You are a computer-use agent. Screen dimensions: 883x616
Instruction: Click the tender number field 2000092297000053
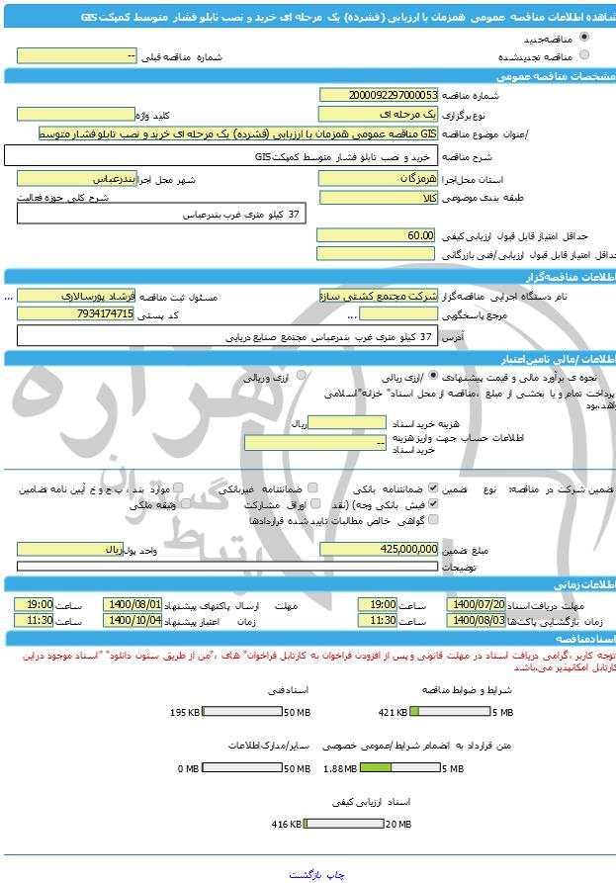tap(378, 95)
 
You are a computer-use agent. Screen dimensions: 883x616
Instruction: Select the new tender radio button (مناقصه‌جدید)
tap(585, 40)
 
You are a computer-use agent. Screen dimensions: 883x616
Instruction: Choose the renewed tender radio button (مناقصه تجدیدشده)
tap(585, 55)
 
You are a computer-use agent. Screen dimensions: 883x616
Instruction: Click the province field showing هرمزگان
tap(378, 179)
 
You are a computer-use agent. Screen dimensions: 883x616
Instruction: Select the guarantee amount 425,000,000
tap(378, 547)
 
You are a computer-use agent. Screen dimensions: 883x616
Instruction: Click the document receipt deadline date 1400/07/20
tap(477, 604)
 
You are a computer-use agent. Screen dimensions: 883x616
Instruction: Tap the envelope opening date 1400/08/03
tap(477, 620)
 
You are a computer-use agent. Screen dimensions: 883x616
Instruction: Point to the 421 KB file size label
tap(394, 712)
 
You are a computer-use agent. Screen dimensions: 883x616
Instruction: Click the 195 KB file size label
tap(185, 712)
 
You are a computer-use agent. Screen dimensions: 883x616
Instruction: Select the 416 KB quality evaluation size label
tap(287, 824)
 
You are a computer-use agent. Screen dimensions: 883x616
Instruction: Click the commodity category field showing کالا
tap(378, 197)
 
